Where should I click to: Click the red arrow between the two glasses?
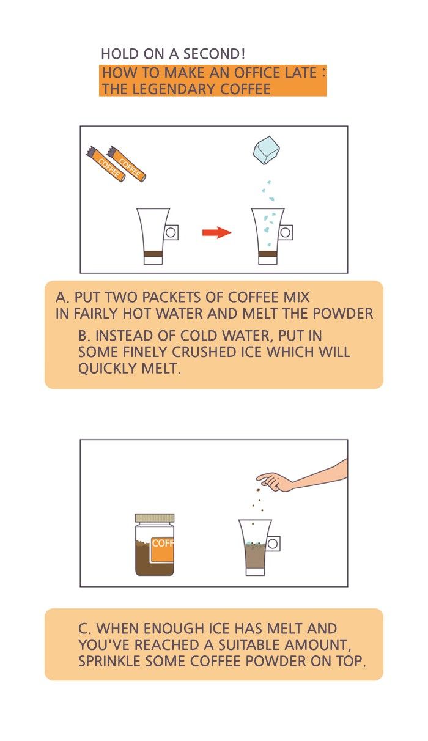point(216,232)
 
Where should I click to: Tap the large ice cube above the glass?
point(267,150)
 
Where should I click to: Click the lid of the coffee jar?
point(155,518)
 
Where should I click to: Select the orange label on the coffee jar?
point(163,550)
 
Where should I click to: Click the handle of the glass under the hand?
point(273,544)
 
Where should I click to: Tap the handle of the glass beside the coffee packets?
point(171,232)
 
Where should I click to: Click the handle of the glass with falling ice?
point(286,232)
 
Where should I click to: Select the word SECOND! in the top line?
point(214,54)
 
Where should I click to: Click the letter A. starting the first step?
point(63,297)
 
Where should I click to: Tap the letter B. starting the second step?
point(84,336)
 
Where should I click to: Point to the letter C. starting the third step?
point(84,629)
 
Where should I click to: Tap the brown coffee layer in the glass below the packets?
point(153,254)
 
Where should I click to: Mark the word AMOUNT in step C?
point(317,645)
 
